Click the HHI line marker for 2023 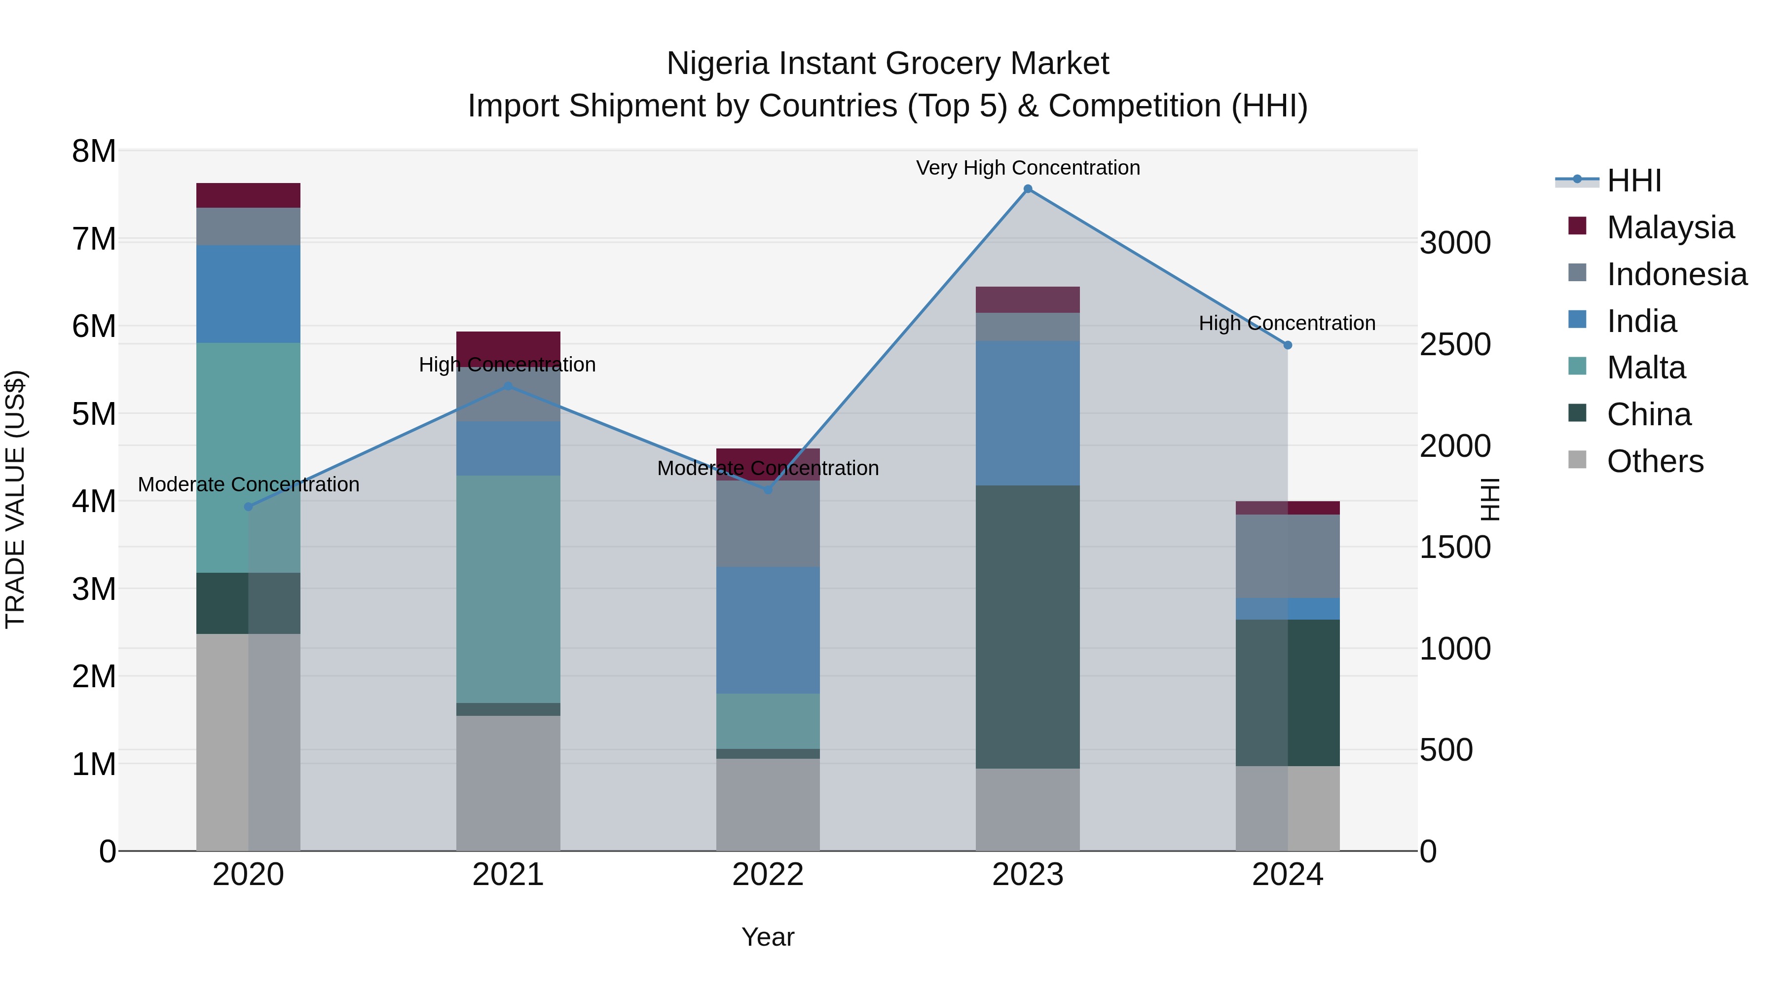(x=1027, y=189)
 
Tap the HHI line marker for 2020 (x=248, y=507)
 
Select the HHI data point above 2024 (x=1287, y=345)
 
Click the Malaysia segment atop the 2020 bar (x=248, y=195)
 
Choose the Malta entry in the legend (x=1646, y=368)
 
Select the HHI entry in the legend (x=1633, y=181)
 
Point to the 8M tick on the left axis (x=94, y=151)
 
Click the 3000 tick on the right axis (x=1455, y=243)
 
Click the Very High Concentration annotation (x=1027, y=168)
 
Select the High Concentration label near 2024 (x=1287, y=323)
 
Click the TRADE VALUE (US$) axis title (x=15, y=499)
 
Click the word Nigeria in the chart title (x=716, y=64)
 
